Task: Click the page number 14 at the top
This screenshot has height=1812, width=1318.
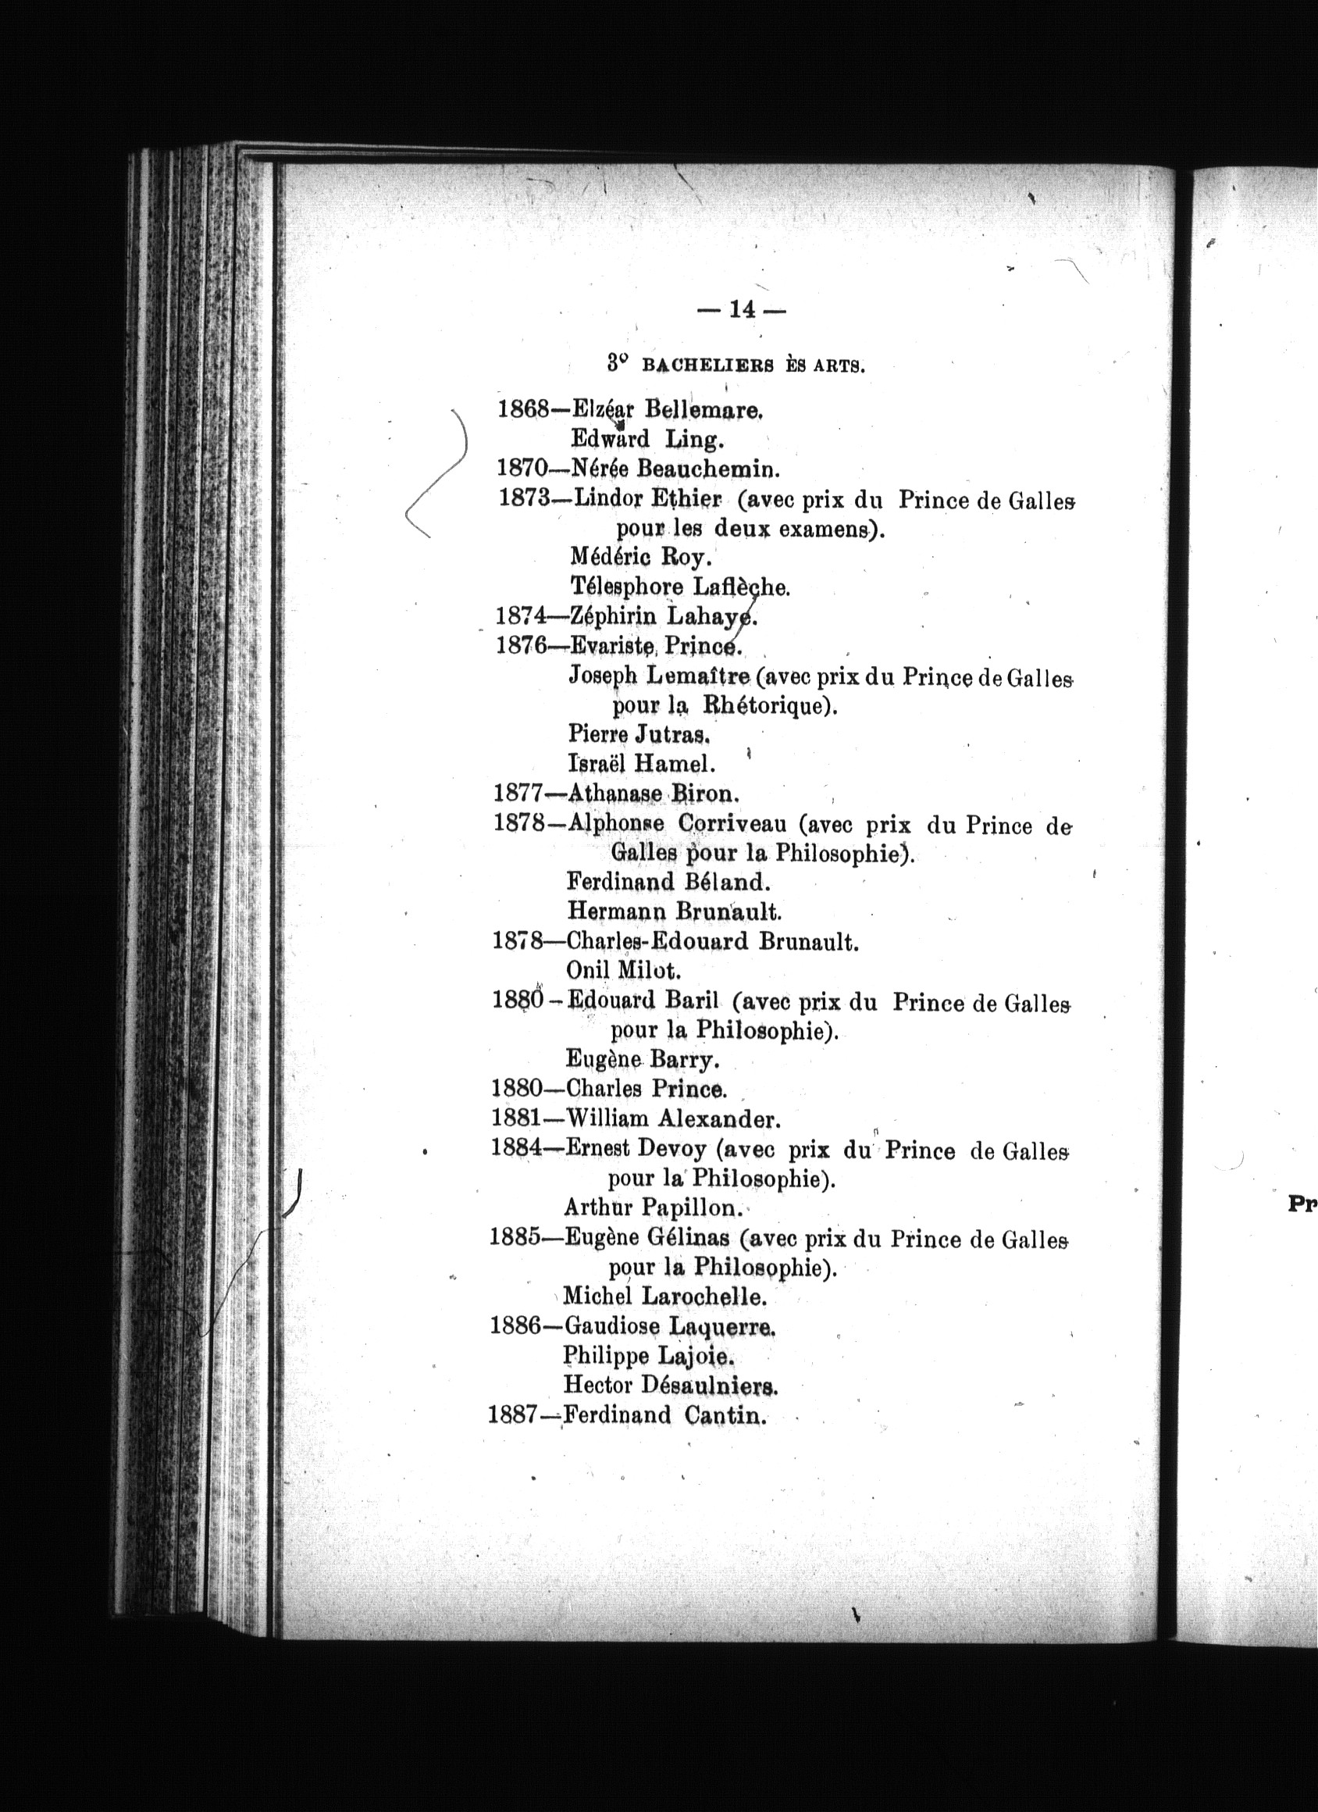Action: [x=742, y=310]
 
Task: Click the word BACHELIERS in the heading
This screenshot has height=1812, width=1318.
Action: [x=707, y=367]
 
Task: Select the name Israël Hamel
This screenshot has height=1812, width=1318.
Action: [x=641, y=764]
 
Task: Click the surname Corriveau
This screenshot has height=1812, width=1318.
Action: [x=732, y=823]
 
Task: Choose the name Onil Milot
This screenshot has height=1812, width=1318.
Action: [x=623, y=971]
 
